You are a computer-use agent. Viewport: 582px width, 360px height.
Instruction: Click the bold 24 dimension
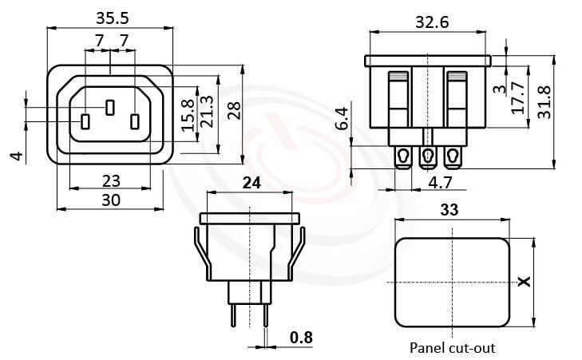(x=251, y=182)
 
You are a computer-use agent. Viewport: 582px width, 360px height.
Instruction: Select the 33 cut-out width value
(x=452, y=212)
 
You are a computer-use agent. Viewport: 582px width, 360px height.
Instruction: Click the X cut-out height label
(x=524, y=282)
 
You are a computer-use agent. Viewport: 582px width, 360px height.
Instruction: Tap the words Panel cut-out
(x=452, y=348)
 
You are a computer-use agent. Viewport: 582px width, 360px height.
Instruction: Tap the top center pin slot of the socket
(x=111, y=106)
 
